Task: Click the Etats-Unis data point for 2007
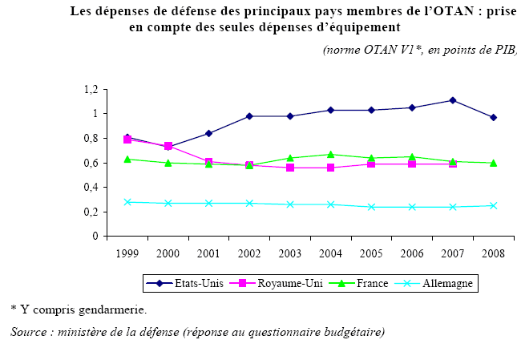453,100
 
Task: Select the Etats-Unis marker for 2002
250,116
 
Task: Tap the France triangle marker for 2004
331,154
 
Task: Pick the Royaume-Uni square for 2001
209,162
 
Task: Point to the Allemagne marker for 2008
493,205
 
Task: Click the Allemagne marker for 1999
127,202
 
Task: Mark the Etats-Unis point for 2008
493,118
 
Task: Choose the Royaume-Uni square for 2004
331,168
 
